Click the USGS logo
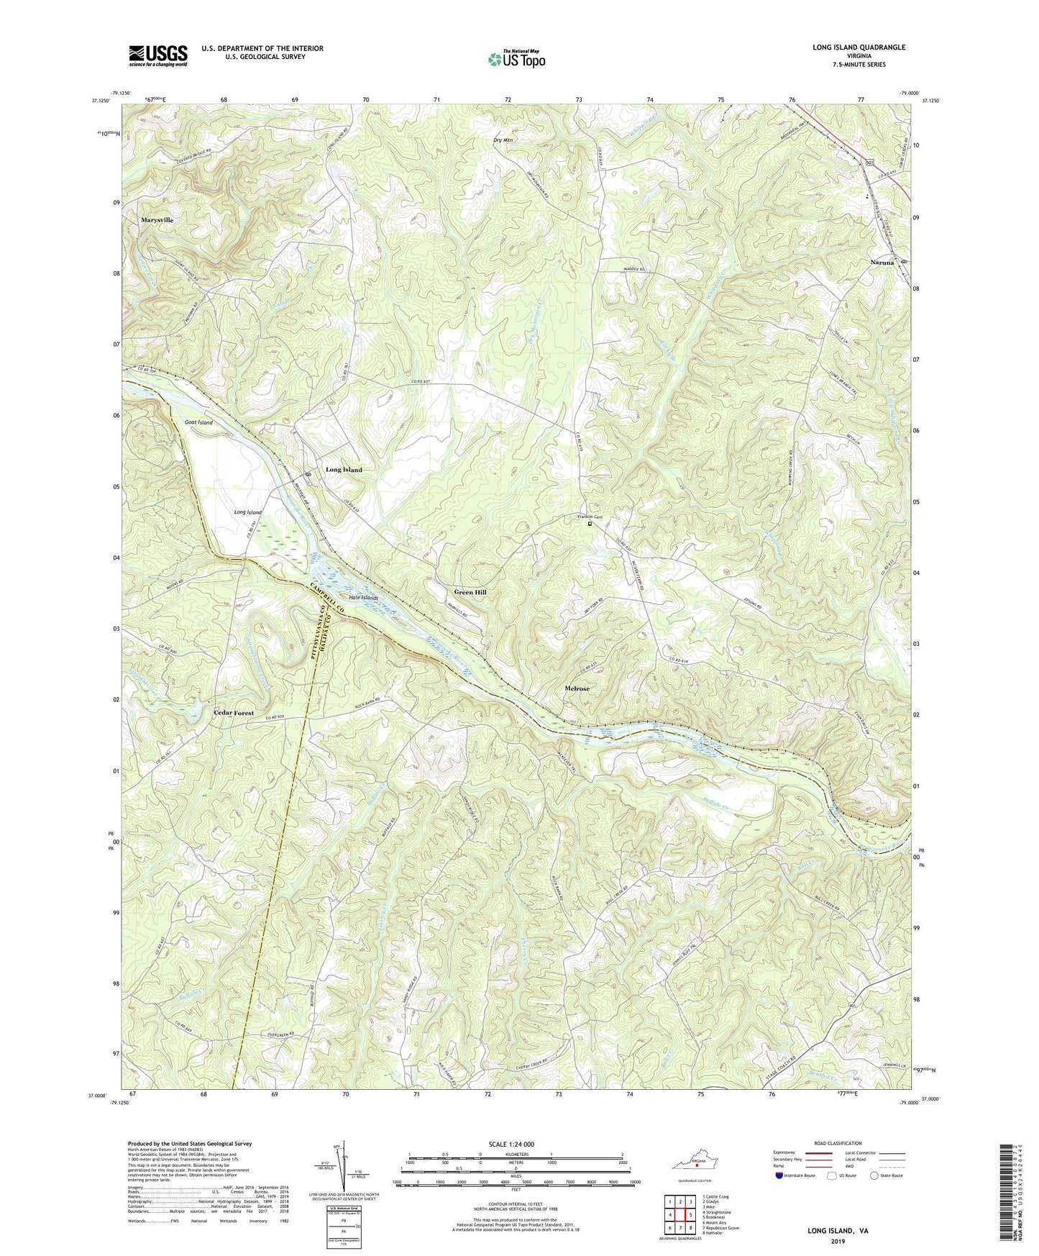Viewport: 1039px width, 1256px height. coord(158,55)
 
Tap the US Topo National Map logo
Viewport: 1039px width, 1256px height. coord(516,58)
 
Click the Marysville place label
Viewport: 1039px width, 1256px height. coord(157,220)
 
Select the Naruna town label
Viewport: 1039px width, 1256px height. coord(882,263)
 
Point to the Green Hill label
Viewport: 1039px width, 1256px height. coord(470,593)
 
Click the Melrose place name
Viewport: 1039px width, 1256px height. coord(577,689)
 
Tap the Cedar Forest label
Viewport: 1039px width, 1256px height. coord(234,713)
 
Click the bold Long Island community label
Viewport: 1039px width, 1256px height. coord(344,470)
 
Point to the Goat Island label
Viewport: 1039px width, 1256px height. coord(198,423)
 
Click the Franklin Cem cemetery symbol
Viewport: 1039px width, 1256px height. coord(591,524)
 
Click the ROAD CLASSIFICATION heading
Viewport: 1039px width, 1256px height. coord(838,1143)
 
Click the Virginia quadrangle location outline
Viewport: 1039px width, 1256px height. coord(695,1164)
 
